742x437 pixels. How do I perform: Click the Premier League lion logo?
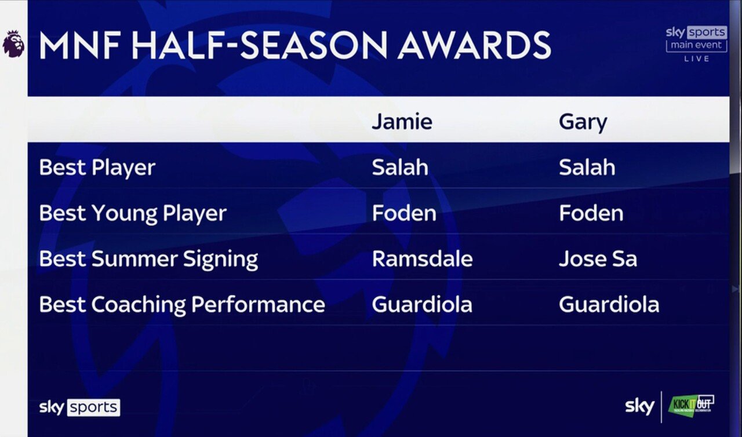[x=13, y=43]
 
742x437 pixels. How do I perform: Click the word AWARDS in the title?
[x=474, y=45]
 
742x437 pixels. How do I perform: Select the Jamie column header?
[x=402, y=122]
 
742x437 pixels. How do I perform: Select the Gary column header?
[x=583, y=122]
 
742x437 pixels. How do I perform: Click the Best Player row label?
[x=97, y=167]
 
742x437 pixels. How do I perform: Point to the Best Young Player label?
[x=133, y=213]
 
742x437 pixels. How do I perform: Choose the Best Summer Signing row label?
[x=148, y=259]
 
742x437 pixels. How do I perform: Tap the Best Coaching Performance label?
[x=182, y=305]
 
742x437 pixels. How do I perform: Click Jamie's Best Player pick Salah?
[x=400, y=167]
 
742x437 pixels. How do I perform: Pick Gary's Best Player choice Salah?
[x=587, y=167]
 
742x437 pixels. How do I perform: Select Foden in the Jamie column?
[x=404, y=213]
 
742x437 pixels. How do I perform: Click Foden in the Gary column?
[x=591, y=213]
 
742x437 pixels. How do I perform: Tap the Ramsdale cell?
[x=423, y=258]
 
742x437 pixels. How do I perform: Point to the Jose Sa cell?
[x=598, y=258]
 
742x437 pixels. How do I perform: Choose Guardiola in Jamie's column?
[x=422, y=304]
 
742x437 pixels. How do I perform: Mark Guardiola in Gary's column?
[x=609, y=304]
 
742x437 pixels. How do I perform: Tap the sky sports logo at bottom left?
[x=79, y=407]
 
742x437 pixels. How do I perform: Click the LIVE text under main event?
[x=697, y=59]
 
